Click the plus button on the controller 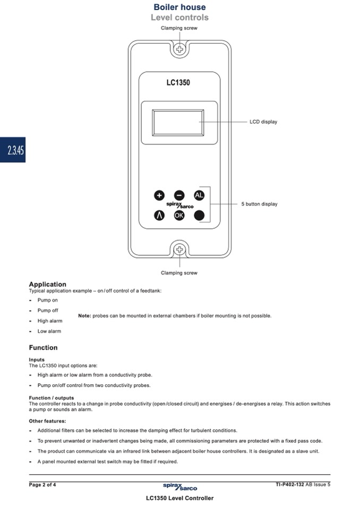click(159, 195)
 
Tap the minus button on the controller click(179, 195)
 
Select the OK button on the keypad click(179, 215)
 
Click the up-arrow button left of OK click(159, 215)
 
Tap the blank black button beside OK click(199, 215)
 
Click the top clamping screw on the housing click(180, 49)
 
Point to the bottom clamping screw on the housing click(180, 249)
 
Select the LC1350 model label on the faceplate click(178, 83)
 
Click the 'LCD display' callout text click(263, 122)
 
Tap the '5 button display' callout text click(259, 204)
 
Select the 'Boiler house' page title click(179, 7)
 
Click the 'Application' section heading click(48, 284)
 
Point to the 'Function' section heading click(43, 348)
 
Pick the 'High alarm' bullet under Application click(50, 321)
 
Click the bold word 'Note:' click(84, 316)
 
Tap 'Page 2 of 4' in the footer click(42, 484)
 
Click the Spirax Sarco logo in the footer click(180, 486)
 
